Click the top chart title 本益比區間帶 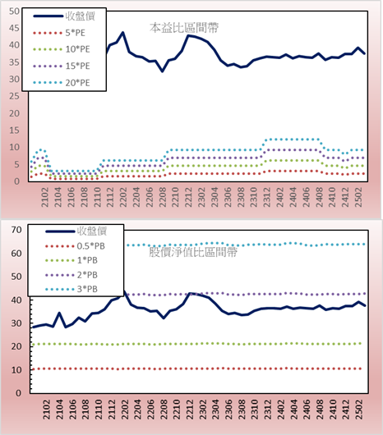(184, 28)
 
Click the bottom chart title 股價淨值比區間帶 (193, 252)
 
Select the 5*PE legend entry (59, 33)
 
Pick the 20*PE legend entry (62, 83)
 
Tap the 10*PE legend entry (62, 49)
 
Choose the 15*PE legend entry (62, 66)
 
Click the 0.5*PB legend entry (75, 246)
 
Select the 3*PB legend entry (72, 289)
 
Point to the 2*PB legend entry (72, 275)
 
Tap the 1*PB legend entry (72, 260)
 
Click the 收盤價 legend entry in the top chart (64, 16)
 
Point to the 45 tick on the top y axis (14, 28)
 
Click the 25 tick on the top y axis (14, 96)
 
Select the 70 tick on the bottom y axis (16, 230)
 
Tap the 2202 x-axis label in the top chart (122, 197)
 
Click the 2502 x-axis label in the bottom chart (359, 410)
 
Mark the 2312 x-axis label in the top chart (266, 197)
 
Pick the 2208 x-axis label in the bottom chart (164, 410)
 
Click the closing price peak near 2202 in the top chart (122, 33)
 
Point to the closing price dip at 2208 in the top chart (163, 71)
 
